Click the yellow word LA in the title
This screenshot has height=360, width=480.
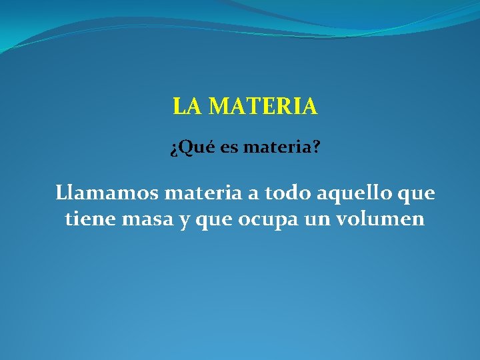187,107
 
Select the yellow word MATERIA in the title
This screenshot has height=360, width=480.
263,107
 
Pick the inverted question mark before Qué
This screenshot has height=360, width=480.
173,149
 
